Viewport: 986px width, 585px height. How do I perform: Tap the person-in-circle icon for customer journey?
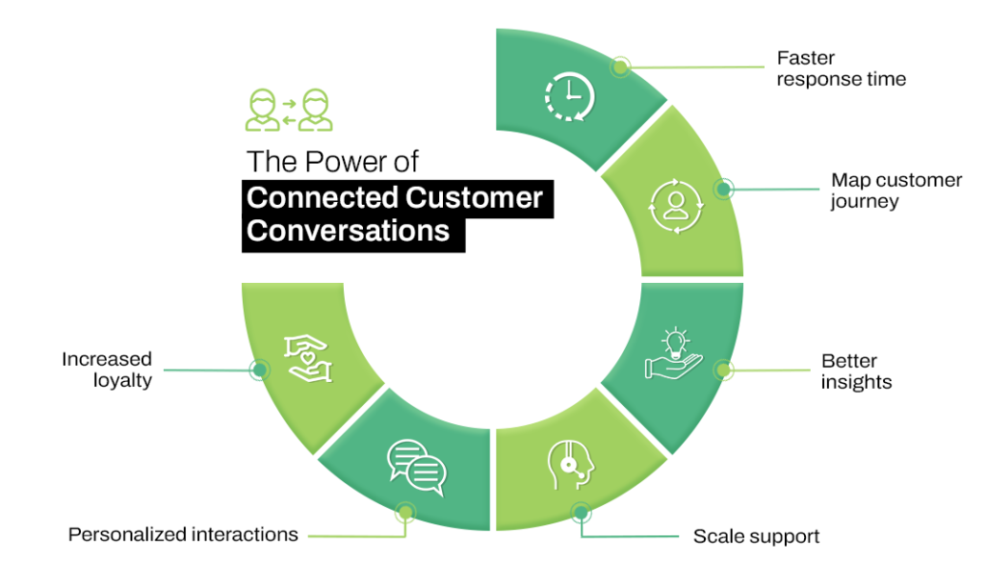pos(673,203)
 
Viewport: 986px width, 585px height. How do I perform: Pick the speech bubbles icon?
pos(416,466)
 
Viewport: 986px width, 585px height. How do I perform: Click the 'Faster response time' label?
pos(841,69)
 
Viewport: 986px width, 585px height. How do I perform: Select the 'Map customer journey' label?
pos(895,191)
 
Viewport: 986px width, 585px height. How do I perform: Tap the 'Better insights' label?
pos(856,371)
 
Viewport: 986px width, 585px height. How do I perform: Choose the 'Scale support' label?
pos(756,536)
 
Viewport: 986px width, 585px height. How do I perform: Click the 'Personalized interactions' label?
pos(183,534)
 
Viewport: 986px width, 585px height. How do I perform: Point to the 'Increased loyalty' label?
pos(107,369)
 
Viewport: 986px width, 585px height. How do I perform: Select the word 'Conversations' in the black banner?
pos(348,232)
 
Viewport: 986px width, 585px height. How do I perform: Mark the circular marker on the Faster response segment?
pos(620,66)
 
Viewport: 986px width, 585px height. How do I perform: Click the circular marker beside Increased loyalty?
pos(258,369)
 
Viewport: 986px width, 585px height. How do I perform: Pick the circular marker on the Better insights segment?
pos(723,369)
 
